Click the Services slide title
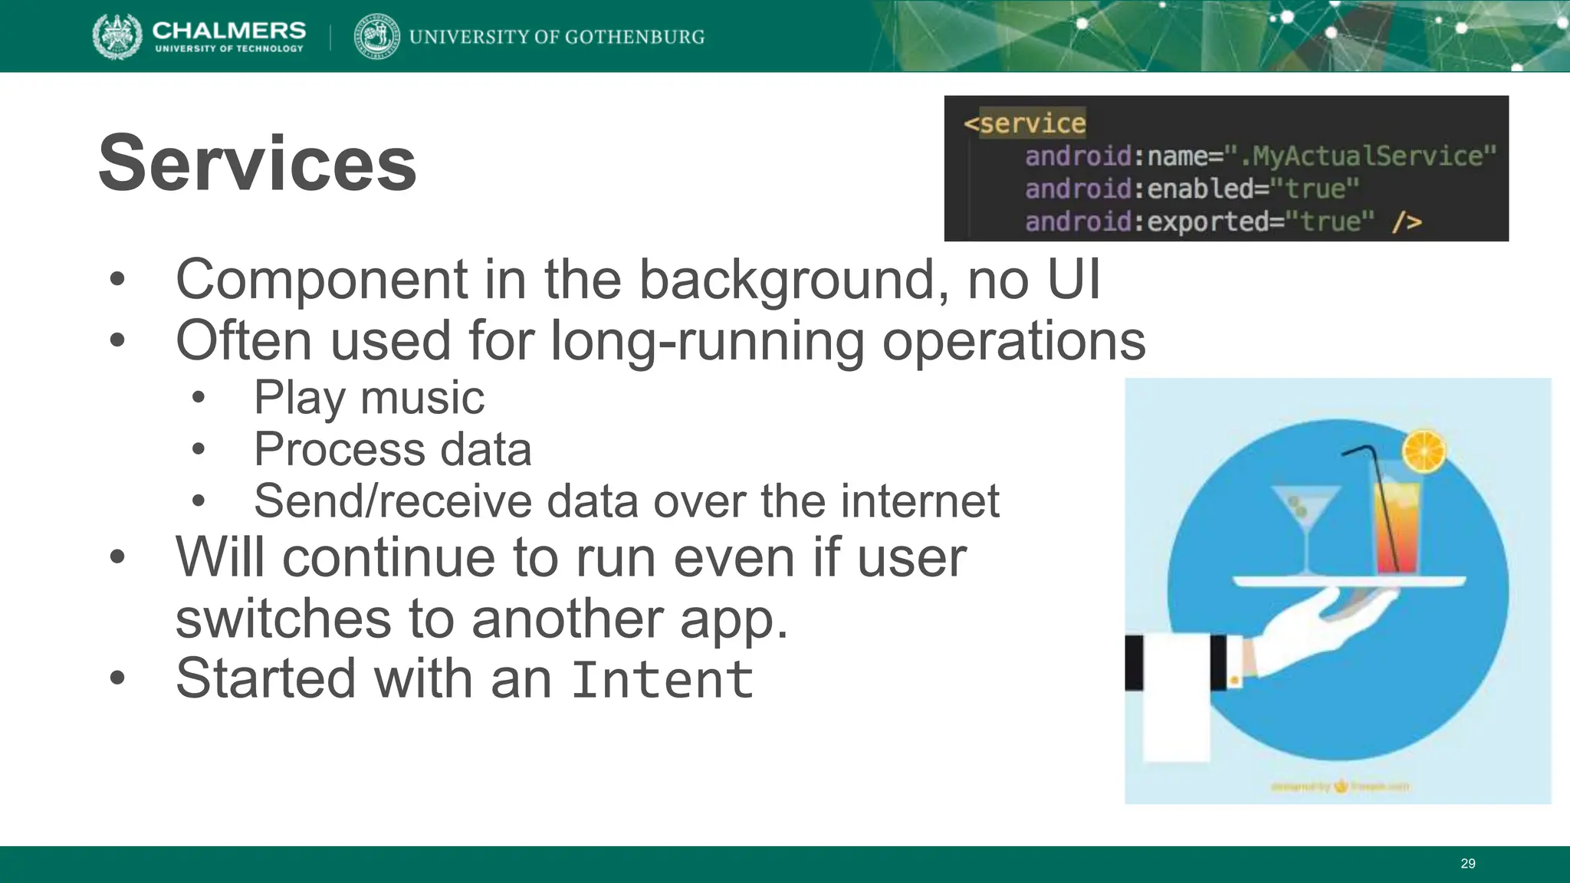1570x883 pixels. pyautogui.click(x=258, y=163)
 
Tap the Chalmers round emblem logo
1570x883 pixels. pyautogui.click(x=117, y=36)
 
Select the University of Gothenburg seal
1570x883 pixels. pyautogui.click(x=376, y=36)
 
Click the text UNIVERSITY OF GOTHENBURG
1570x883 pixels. pyautogui.click(x=557, y=37)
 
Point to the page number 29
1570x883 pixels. pyautogui.click(x=1467, y=864)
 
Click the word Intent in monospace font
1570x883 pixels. pyautogui.click(x=662, y=680)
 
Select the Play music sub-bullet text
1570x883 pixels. pyautogui.click(x=369, y=398)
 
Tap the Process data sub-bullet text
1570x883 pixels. pyautogui.click(x=392, y=449)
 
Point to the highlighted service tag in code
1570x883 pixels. pyautogui.click(x=1032, y=123)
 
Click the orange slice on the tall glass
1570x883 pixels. pyautogui.click(x=1424, y=451)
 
